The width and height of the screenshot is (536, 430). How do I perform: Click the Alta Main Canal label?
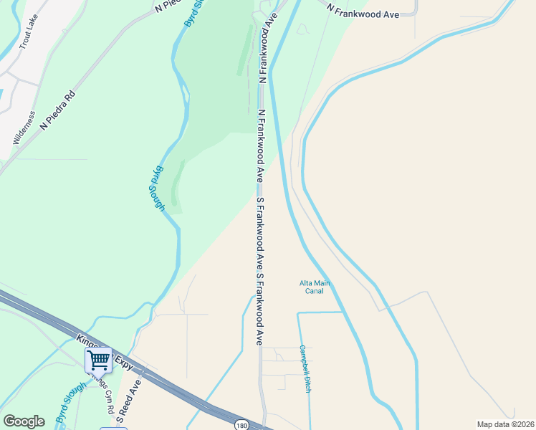(x=315, y=287)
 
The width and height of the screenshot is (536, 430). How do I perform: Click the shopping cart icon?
(x=98, y=359)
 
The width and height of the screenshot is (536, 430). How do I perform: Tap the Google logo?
(x=24, y=421)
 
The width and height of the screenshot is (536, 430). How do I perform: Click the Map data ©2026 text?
(x=505, y=424)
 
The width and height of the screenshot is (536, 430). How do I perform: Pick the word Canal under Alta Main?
(x=315, y=291)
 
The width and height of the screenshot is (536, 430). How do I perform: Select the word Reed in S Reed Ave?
(x=133, y=398)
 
